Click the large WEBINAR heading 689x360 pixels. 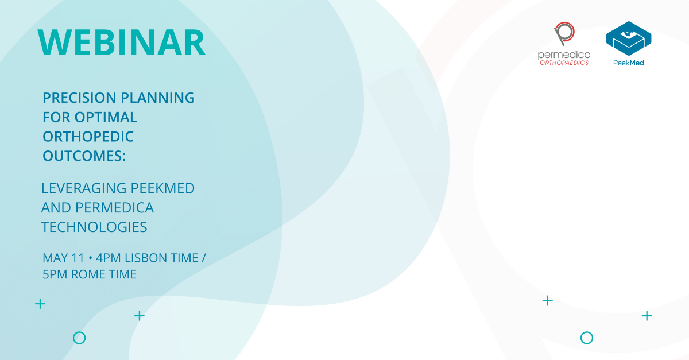121,42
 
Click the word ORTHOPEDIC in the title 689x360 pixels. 88,137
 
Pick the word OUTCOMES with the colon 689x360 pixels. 84,157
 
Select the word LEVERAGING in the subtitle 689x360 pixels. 84,188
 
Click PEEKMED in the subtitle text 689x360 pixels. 163,188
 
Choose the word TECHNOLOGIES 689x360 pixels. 94,227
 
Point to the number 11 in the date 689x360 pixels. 77,258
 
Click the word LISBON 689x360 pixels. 145,258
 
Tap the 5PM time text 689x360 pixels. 55,274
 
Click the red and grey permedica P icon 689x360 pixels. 563,34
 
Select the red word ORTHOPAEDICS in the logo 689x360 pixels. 564,63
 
